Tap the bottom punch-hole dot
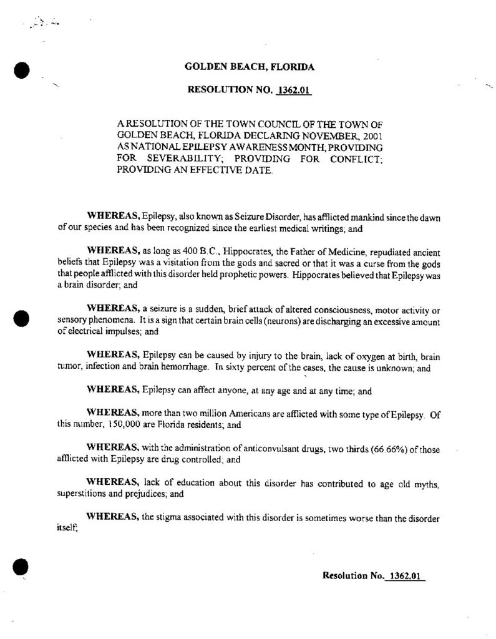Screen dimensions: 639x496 (x=21, y=567)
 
